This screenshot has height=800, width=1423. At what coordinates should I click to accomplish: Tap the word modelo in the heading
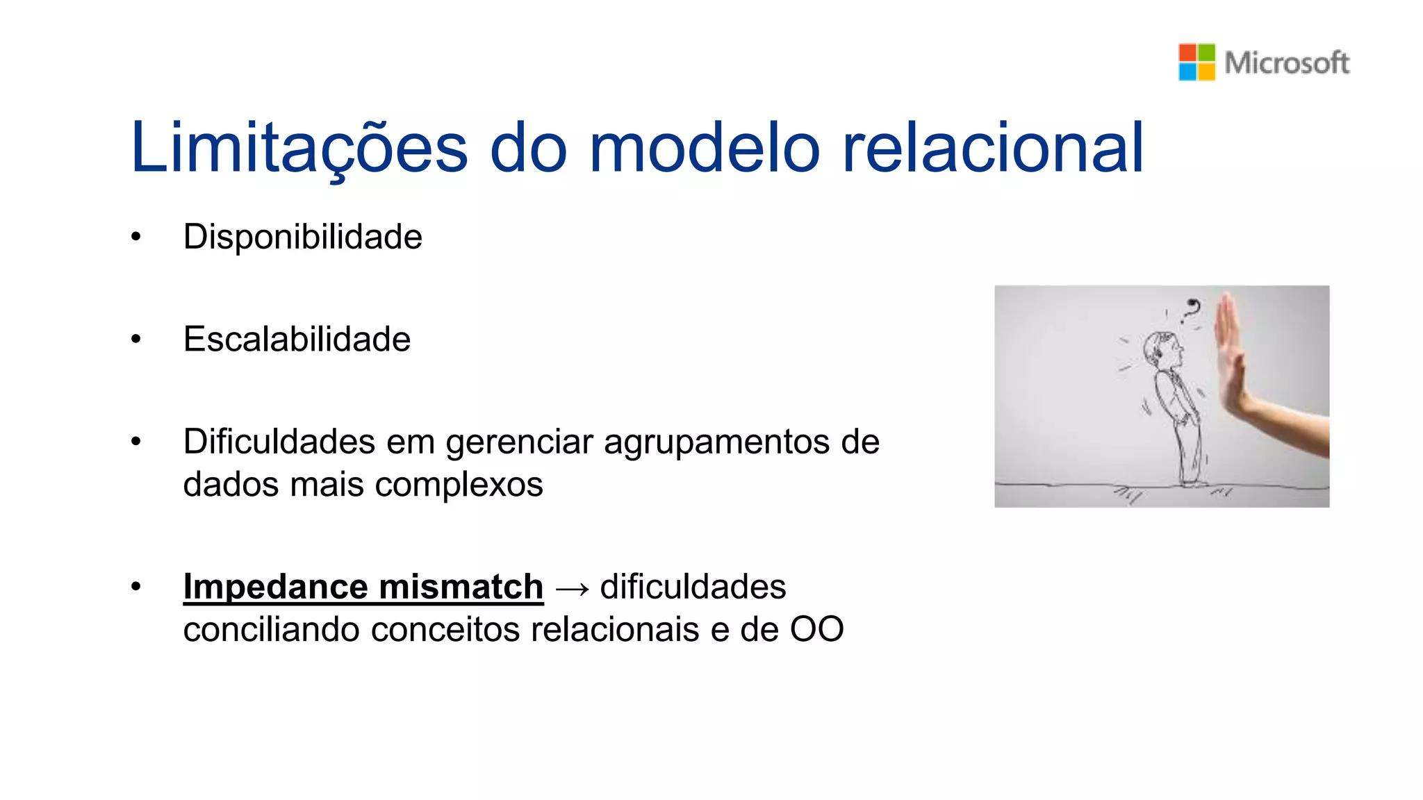(705, 147)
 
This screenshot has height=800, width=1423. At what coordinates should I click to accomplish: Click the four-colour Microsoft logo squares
(1196, 62)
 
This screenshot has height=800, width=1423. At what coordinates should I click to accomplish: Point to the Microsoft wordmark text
(1287, 63)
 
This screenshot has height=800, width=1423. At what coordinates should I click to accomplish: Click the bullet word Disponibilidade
(302, 237)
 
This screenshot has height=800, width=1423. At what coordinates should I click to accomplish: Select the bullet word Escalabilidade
(297, 339)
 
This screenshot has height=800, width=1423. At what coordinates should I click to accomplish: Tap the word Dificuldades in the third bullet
(279, 442)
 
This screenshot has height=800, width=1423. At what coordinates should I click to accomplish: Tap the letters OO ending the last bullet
(816, 629)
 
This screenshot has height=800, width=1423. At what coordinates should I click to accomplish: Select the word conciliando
(272, 629)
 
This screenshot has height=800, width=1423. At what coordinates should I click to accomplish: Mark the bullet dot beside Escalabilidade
(136, 340)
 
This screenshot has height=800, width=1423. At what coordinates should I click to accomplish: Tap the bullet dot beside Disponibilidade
(136, 237)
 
